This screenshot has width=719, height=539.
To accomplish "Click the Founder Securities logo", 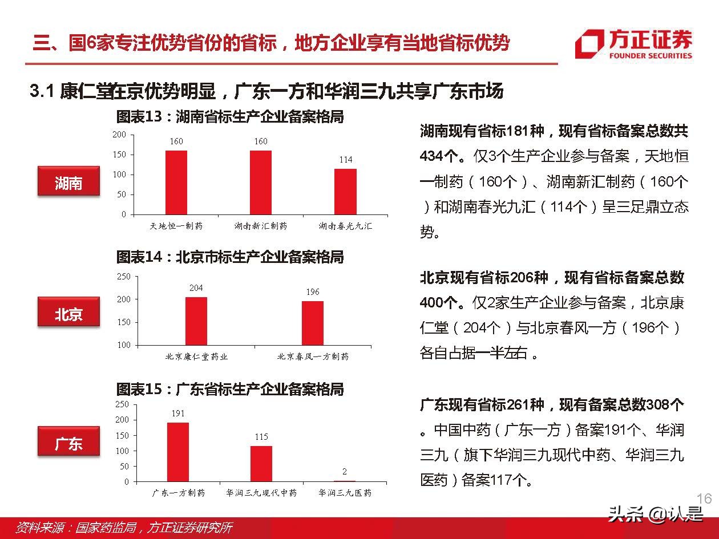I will click(633, 44).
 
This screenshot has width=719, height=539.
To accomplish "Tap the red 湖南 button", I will click(68, 183).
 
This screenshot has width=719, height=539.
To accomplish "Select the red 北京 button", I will click(68, 313).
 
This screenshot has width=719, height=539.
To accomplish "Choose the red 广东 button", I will click(68, 443).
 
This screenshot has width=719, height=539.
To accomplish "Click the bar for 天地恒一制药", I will click(176, 183).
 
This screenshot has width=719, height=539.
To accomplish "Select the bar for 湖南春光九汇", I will click(345, 192).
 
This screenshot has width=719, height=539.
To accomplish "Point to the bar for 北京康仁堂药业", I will click(196, 321).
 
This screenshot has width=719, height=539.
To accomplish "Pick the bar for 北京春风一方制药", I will click(313, 323).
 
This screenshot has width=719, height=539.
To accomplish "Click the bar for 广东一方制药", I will click(178, 452).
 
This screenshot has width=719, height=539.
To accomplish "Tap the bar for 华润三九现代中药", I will click(261, 464).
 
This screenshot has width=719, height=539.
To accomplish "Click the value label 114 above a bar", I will click(346, 160).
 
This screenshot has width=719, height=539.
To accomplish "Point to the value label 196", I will click(313, 292).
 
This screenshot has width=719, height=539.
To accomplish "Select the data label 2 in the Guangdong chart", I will click(345, 472).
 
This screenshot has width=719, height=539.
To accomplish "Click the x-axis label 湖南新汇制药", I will click(261, 226).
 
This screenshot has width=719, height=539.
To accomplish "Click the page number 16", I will click(704, 499).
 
